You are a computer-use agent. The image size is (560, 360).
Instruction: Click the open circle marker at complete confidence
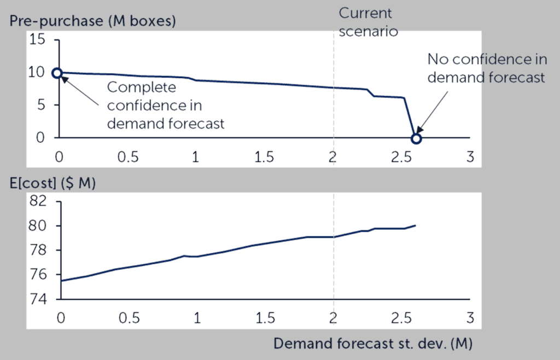(x=57, y=73)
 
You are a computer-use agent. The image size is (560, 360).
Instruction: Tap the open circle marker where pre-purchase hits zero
(x=416, y=138)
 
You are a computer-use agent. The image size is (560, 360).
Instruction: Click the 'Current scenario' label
(x=367, y=21)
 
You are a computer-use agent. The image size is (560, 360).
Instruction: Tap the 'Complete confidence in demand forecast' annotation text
(x=165, y=105)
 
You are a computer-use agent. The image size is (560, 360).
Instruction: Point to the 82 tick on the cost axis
(x=39, y=201)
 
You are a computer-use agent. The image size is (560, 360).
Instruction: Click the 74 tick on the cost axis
(x=39, y=299)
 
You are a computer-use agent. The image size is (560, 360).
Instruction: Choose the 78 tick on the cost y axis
(x=39, y=251)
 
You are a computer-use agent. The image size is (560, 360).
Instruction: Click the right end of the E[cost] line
(x=416, y=225)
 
